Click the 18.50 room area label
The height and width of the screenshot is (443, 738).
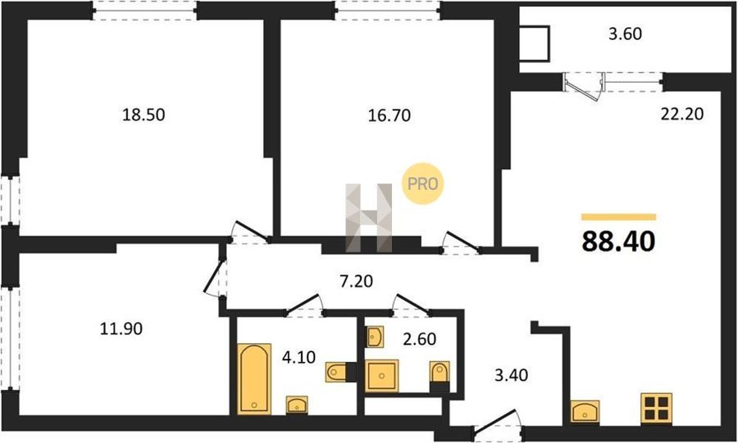(143, 115)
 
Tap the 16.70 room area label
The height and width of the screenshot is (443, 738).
(389, 115)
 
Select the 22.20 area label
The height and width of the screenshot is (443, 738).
(682, 114)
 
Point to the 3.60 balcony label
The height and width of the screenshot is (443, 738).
(625, 34)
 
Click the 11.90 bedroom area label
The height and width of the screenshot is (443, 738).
(121, 328)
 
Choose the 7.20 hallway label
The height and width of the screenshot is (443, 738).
(357, 282)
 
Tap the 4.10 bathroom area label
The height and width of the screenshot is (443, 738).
(298, 357)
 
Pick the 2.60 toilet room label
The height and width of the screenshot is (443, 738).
(419, 339)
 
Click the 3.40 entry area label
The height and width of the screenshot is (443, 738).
(511, 375)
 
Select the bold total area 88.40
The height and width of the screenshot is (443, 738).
(618, 242)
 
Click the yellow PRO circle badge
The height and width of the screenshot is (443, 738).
(422, 183)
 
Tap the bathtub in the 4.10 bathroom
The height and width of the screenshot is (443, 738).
(254, 379)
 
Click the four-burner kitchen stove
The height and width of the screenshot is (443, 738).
(657, 407)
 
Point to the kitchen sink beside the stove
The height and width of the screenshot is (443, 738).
(585, 412)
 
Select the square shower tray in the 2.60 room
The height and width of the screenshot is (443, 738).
(381, 375)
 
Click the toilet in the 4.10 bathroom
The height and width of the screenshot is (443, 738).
(338, 372)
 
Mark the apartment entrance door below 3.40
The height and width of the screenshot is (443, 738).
(498, 422)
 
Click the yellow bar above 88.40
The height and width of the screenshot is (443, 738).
(618, 217)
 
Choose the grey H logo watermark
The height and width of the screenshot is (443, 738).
(369, 218)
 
